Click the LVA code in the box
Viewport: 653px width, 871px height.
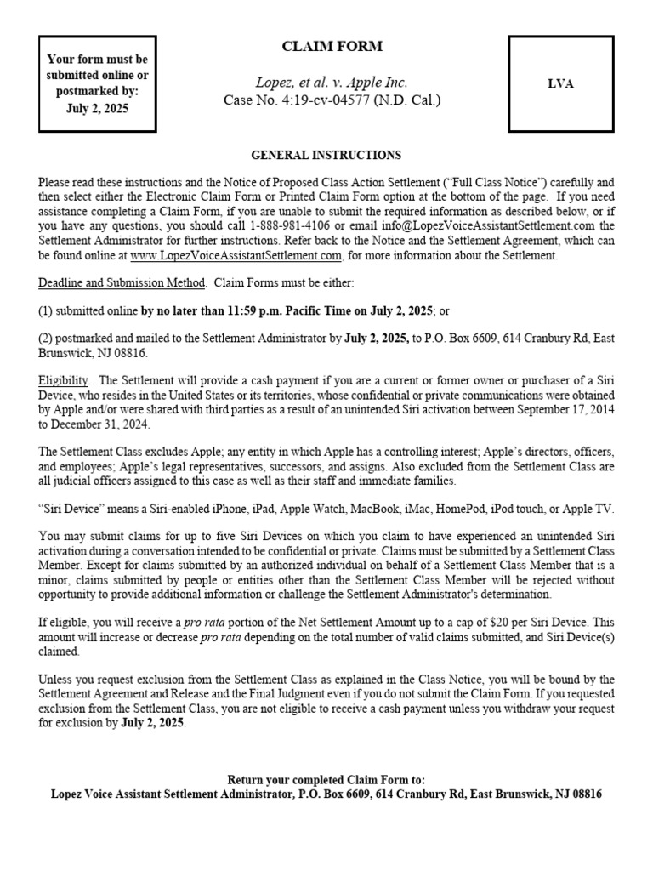[x=562, y=83]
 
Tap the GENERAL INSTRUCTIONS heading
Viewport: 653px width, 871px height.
[x=326, y=156]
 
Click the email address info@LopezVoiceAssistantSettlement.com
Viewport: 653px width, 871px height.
[x=453, y=225]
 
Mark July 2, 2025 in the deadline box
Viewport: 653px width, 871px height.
[x=98, y=108]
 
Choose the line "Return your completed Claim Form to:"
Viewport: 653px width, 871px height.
[x=326, y=780]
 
